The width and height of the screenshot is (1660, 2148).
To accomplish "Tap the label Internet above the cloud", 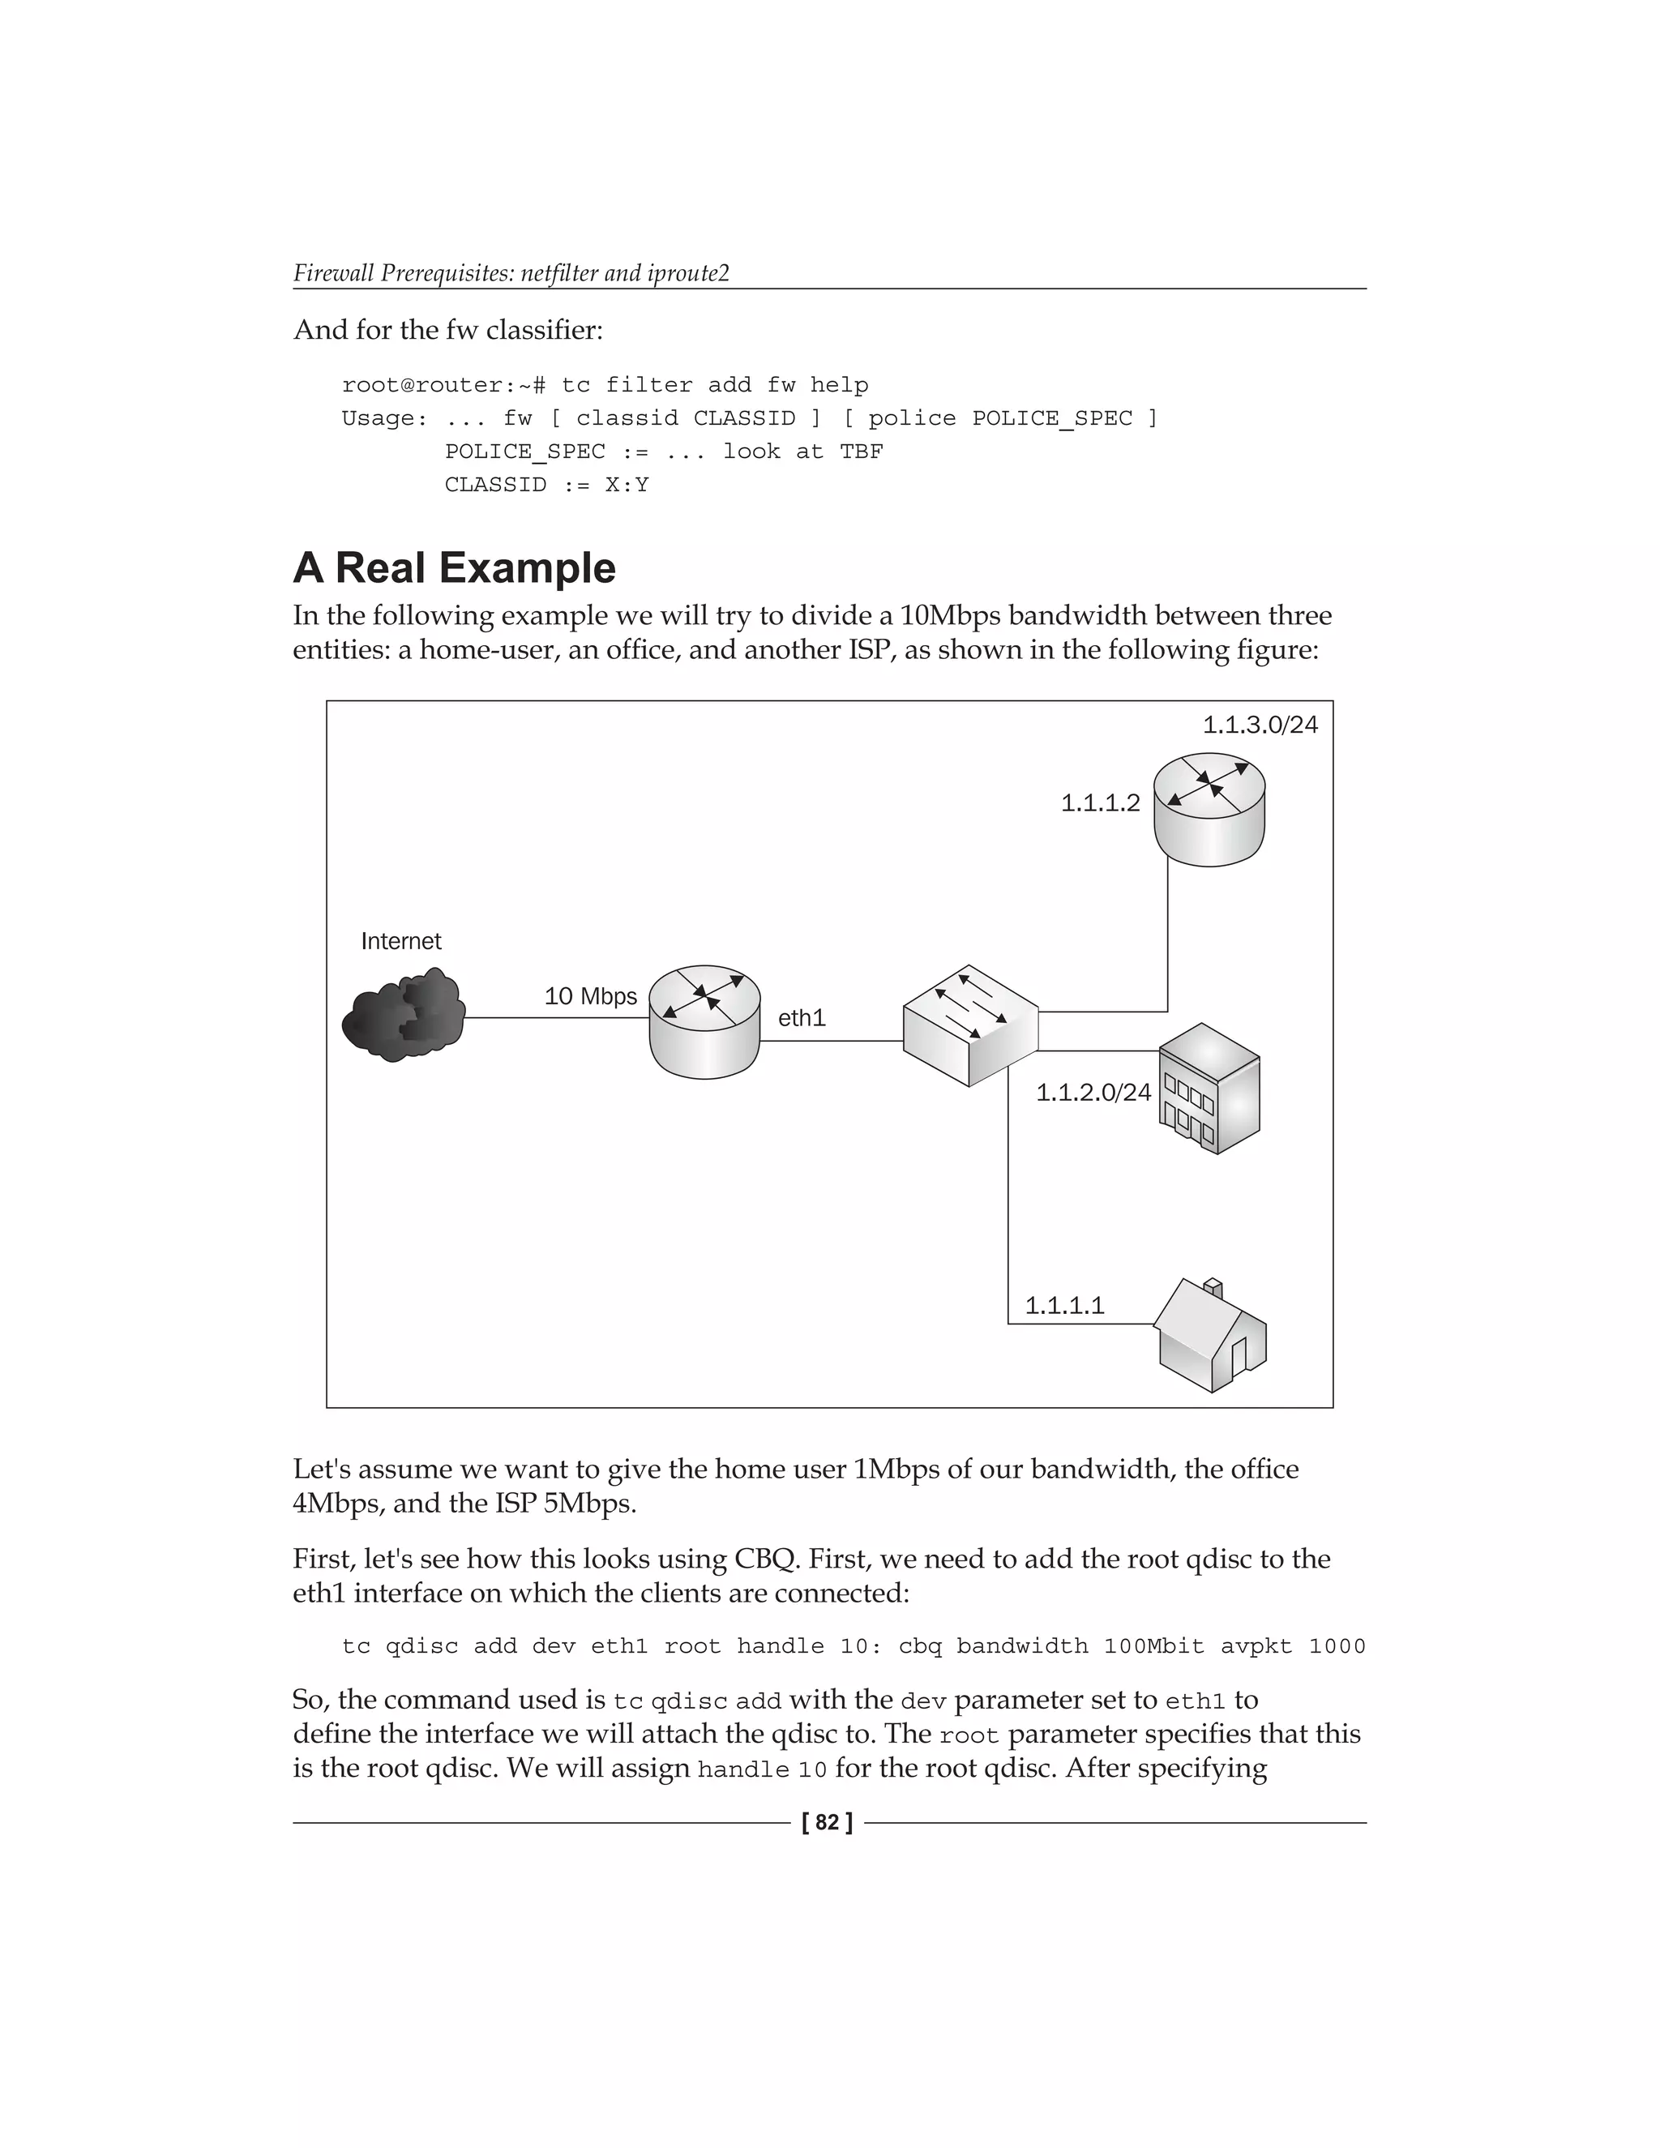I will [401, 941].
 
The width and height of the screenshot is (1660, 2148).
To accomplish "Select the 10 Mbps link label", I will [590, 996].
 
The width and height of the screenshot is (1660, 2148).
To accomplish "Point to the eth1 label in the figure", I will [802, 1018].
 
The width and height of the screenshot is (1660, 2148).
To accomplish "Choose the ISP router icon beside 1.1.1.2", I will [1209, 808].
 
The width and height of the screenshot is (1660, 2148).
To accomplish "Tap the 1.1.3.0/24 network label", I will [1260, 725].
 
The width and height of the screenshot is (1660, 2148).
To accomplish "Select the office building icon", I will [1209, 1088].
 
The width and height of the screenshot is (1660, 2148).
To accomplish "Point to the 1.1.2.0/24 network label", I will [1093, 1092].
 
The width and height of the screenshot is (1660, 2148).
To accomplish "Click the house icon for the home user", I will [1211, 1336].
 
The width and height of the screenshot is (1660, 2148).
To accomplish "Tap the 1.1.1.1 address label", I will [1064, 1305].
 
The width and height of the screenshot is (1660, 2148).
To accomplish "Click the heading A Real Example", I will [455, 567].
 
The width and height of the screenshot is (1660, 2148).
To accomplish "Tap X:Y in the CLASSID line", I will [627, 485].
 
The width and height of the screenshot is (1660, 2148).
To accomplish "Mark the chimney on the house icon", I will [1213, 1286].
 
